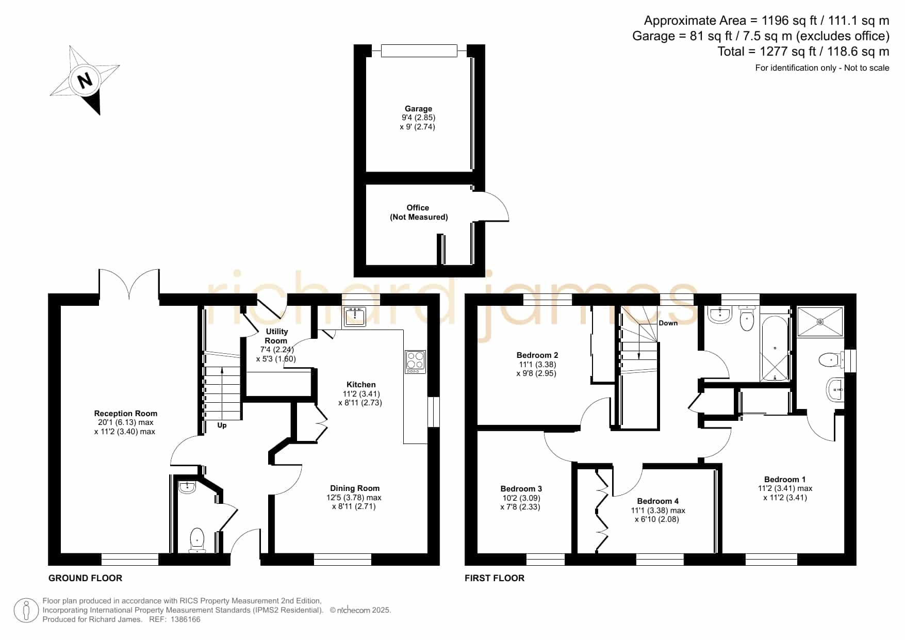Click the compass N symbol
pyautogui.click(x=85, y=80)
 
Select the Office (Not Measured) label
pyautogui.click(x=418, y=212)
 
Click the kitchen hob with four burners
pyautogui.click(x=415, y=362)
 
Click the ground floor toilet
pyautogui.click(x=197, y=540)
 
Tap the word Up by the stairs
pyautogui.click(x=222, y=425)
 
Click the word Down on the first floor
pyautogui.click(x=668, y=323)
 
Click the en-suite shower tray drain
pyautogui.click(x=820, y=322)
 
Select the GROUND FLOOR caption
pyautogui.click(x=86, y=578)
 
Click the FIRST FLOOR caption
pyautogui.click(x=495, y=578)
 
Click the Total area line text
pyautogui.click(x=803, y=52)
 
